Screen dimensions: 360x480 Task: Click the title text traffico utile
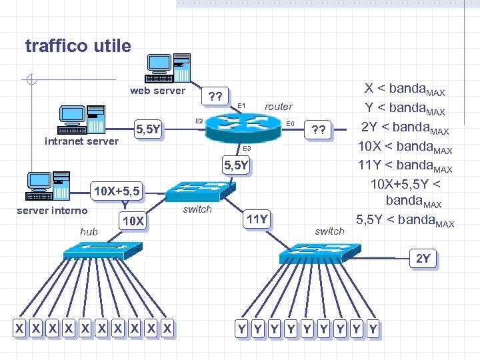[x=78, y=46]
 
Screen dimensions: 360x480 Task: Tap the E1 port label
[x=241, y=106]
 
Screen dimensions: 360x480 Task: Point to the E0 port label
[x=290, y=123]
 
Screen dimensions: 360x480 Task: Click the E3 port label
[x=245, y=148]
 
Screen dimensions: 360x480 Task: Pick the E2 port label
[x=199, y=121]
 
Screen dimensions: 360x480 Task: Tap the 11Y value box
[x=257, y=219]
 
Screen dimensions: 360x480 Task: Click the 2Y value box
[x=423, y=259]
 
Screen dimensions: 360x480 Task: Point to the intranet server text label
[x=81, y=141]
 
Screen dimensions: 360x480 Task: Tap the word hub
[x=89, y=231]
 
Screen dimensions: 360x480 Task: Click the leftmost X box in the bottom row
[x=21, y=328]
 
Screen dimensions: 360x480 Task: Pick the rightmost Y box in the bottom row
[x=373, y=328]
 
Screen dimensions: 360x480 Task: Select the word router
[x=279, y=106]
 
